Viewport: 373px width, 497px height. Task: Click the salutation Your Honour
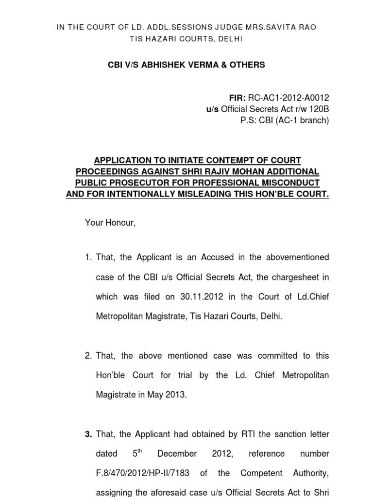[110, 223]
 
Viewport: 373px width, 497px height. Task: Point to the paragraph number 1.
[88, 257]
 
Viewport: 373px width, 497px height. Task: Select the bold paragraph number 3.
[88, 434]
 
